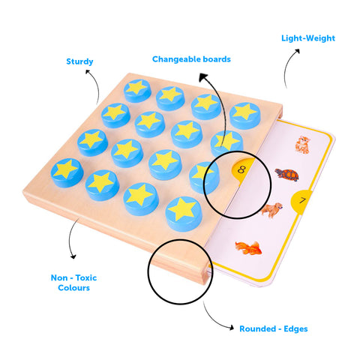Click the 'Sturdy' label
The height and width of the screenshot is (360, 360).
[79, 61]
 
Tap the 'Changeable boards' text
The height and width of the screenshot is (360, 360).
[191, 59]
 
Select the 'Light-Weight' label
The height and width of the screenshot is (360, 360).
[308, 38]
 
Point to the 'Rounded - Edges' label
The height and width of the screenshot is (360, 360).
[274, 328]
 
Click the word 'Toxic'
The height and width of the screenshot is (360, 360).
[86, 277]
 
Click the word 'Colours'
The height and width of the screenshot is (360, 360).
[73, 288]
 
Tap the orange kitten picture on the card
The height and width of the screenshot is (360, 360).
[303, 145]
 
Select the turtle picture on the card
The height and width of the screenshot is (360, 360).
[287, 175]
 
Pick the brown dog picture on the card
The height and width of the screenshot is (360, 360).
[271, 210]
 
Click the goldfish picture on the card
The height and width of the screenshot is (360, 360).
[248, 247]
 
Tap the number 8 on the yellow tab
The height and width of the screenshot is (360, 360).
[241, 169]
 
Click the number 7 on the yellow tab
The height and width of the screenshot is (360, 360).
[303, 200]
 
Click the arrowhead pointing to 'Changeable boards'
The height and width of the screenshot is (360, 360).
[202, 77]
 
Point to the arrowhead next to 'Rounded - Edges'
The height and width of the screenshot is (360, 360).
[232, 327]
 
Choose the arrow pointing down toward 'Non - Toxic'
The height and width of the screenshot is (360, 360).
[70, 238]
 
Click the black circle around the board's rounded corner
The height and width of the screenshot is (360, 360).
[148, 271]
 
